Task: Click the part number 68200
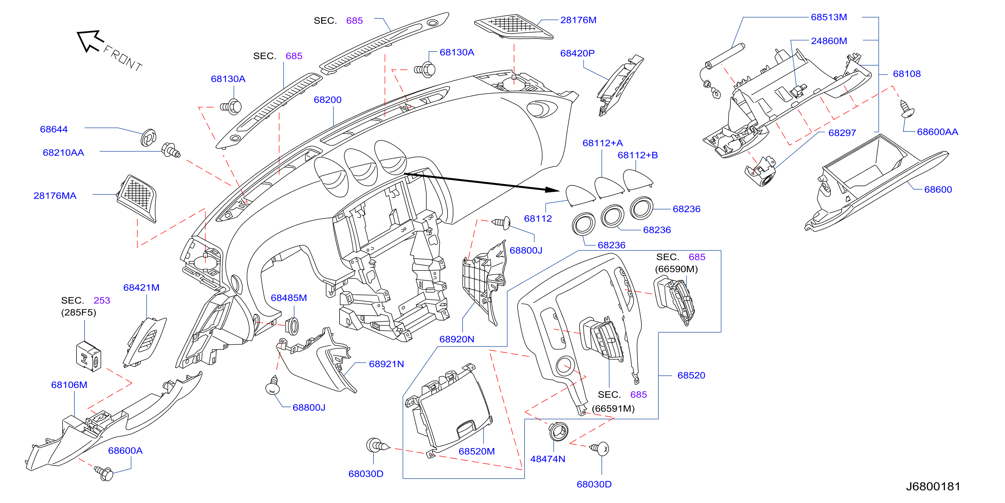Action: click(x=327, y=100)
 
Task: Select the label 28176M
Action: click(x=578, y=20)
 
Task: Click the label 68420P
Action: click(x=577, y=53)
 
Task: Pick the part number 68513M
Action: click(x=829, y=17)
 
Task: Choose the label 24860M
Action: click(x=829, y=41)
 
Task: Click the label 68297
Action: click(x=842, y=133)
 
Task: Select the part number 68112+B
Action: click(x=637, y=155)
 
